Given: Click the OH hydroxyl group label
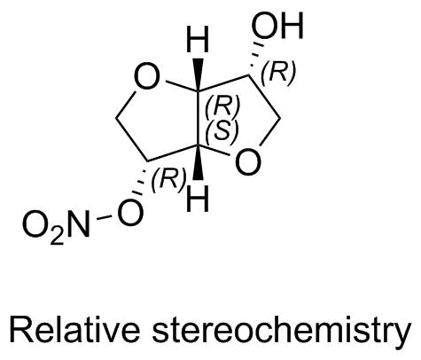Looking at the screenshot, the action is (x=277, y=26).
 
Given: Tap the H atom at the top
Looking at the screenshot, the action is (x=198, y=39).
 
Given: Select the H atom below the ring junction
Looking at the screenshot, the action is (x=198, y=199).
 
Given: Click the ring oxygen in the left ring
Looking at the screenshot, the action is (x=147, y=77).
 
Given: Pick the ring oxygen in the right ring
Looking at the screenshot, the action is (x=249, y=162).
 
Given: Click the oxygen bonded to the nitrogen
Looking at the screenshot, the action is (x=130, y=213).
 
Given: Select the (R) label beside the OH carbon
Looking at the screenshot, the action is (x=278, y=72).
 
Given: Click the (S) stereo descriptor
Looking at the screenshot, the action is (x=222, y=131).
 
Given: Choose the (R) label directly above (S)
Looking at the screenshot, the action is (x=222, y=107).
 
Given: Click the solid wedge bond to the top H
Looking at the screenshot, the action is (x=199, y=74).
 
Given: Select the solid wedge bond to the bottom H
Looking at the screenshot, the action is (x=199, y=162).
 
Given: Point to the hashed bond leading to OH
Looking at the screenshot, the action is (x=255, y=60).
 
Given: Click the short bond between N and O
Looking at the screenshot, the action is (x=104, y=218).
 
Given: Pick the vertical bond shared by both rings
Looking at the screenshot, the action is (x=199, y=118).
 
